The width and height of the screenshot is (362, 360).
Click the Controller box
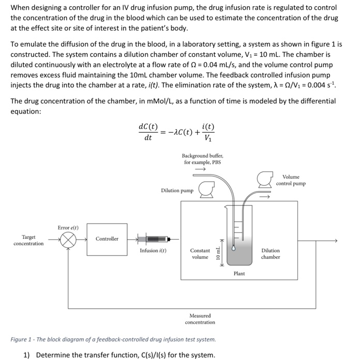pos(107,239)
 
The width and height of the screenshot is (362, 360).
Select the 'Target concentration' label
pos(28,240)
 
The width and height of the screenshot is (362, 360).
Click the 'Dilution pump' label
pos(177,191)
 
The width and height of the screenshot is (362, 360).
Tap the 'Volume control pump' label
pos(291,180)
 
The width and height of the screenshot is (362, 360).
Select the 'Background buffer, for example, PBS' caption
pos(202,159)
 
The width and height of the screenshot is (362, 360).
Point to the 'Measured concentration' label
pos(200,319)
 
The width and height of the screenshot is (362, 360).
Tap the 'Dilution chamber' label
pos(270,254)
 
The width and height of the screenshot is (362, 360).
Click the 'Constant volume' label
pos(200,254)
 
